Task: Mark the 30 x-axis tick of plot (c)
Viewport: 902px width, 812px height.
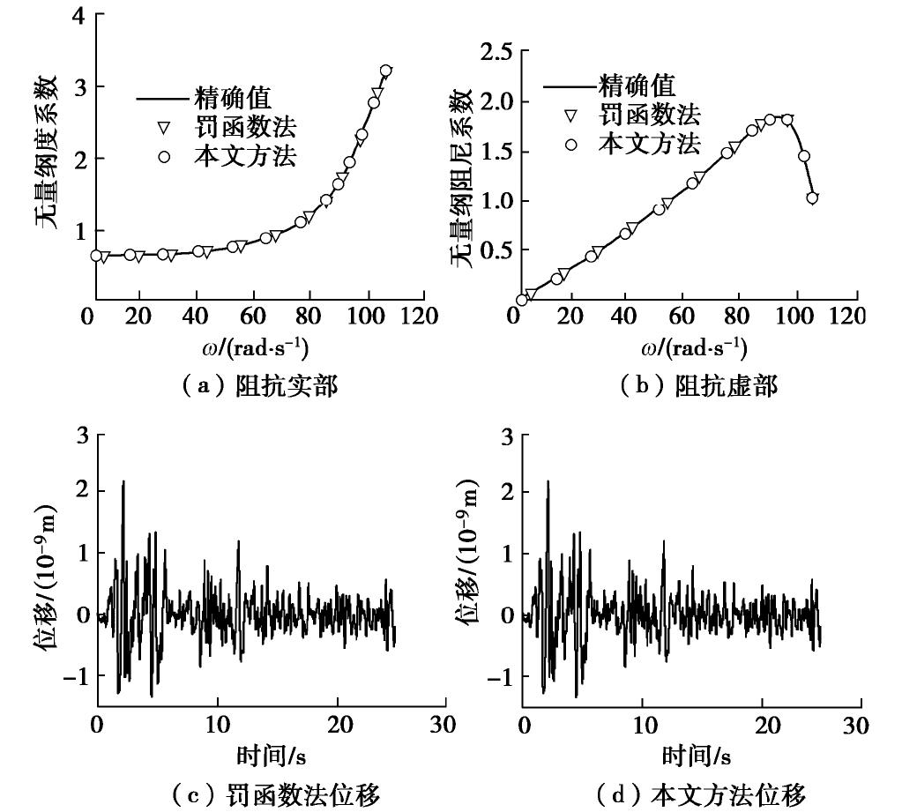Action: click(x=445, y=726)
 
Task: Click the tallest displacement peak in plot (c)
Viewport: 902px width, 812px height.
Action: click(x=123, y=481)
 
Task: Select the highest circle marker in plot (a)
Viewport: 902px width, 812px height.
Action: click(x=385, y=71)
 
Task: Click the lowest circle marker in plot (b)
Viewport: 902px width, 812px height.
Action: click(x=521, y=300)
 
